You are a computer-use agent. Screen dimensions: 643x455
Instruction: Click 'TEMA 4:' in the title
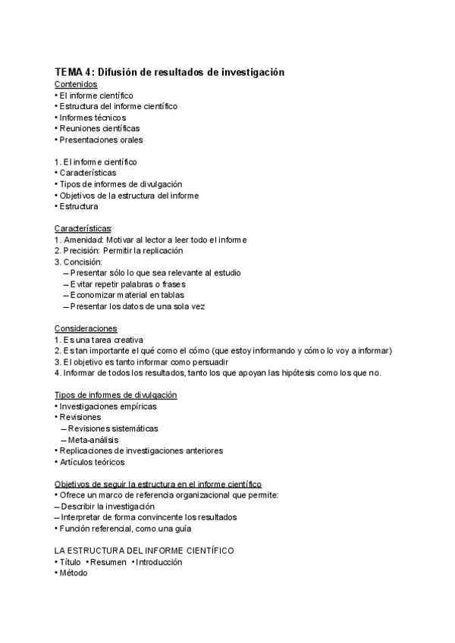tap(75, 71)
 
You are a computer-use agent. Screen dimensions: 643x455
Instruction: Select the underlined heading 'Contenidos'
tap(76, 84)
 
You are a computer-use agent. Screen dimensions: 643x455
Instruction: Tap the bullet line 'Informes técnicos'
tap(93, 118)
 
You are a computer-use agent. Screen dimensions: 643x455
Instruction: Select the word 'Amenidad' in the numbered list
tap(83, 240)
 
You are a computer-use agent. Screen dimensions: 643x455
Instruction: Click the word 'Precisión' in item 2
tap(81, 250)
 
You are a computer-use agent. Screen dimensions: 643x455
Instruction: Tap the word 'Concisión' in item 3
tap(83, 262)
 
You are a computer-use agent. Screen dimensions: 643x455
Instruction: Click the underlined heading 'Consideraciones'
tap(86, 328)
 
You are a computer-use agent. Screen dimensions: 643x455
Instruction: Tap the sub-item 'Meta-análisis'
tap(93, 439)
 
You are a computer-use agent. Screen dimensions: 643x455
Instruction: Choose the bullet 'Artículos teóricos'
tap(92, 462)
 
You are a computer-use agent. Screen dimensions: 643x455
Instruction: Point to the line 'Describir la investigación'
tap(108, 506)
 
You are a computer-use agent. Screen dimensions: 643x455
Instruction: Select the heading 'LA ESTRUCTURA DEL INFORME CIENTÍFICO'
tap(144, 550)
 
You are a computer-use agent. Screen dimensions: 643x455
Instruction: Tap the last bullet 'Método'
tap(74, 573)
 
